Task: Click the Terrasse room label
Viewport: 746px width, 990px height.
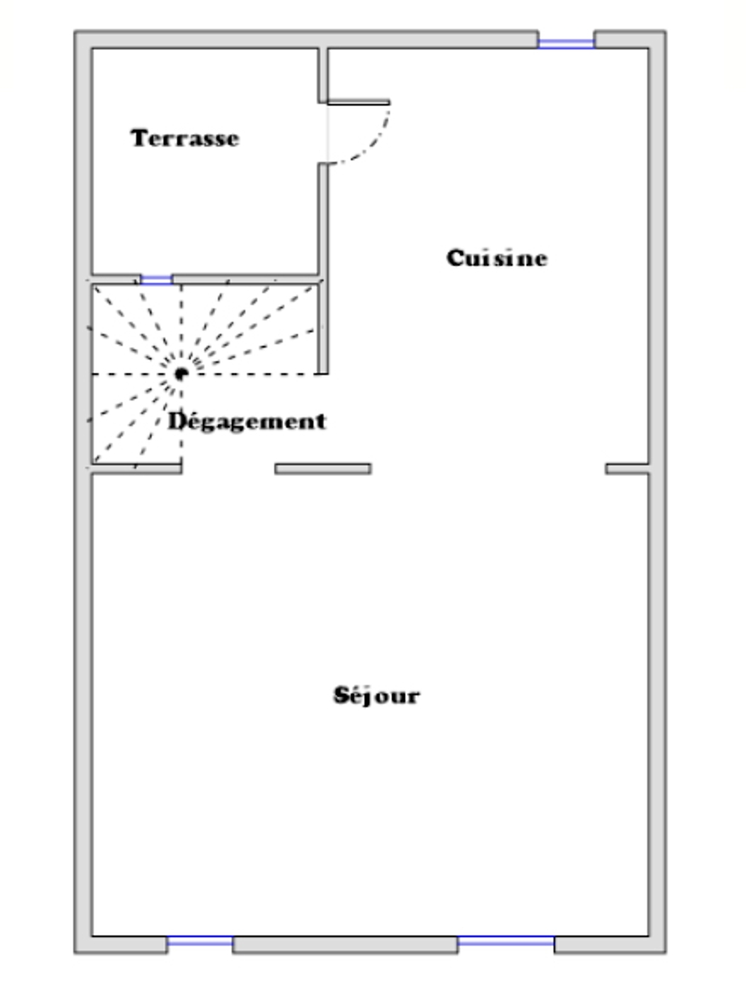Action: (x=185, y=138)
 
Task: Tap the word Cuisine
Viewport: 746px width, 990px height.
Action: (x=496, y=257)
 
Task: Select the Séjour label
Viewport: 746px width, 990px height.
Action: (x=376, y=695)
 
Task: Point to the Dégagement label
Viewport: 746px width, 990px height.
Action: (x=247, y=422)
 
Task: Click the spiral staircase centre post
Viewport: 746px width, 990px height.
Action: (x=181, y=374)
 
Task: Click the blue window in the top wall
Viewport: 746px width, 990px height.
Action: (x=566, y=43)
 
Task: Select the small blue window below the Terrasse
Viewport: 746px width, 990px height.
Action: (x=157, y=279)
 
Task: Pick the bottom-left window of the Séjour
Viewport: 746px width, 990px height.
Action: (x=200, y=941)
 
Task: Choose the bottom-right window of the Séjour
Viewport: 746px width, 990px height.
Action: (x=506, y=941)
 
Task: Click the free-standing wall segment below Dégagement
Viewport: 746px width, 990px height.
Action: (x=323, y=469)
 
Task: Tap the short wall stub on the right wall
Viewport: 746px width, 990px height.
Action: (x=628, y=469)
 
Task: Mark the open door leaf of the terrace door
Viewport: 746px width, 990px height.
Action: (x=359, y=101)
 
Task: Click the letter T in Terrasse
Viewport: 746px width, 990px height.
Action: (x=139, y=138)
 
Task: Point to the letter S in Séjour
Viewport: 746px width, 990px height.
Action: (x=341, y=694)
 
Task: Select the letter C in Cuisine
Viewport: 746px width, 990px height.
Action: (x=456, y=258)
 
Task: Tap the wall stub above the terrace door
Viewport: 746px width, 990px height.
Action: (x=323, y=74)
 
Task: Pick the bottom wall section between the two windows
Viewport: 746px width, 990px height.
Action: (x=345, y=945)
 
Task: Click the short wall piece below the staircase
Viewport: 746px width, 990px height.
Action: (x=137, y=469)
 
